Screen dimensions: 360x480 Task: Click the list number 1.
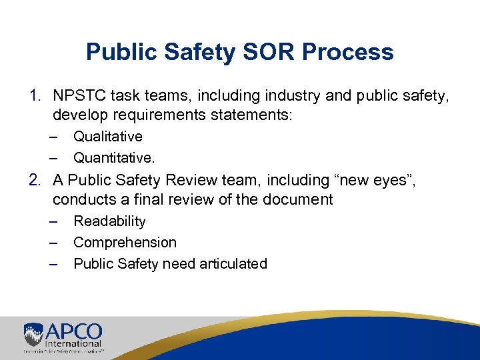tap(35, 96)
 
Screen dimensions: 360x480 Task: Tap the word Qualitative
tap(108, 137)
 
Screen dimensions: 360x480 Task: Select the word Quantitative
tap(113, 158)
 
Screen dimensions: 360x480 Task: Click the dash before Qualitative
tap(54, 137)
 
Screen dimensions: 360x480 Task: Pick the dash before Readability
tap(54, 221)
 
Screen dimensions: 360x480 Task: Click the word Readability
tap(109, 221)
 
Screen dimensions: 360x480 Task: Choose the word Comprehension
tap(125, 243)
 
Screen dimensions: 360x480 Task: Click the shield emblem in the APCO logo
tap(34, 333)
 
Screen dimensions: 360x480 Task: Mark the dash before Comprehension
tap(54, 243)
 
